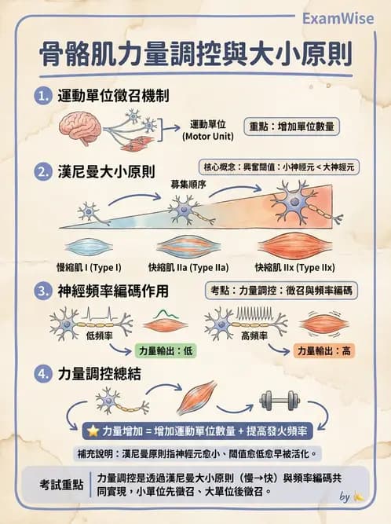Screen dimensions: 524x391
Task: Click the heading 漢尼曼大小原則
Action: [x=105, y=170]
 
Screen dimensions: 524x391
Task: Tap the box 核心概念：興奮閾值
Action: [x=279, y=167]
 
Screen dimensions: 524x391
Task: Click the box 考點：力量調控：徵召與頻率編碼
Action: [x=280, y=291]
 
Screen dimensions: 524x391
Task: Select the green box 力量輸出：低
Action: [x=164, y=351]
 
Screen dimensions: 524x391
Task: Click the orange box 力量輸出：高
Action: [x=321, y=351]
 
